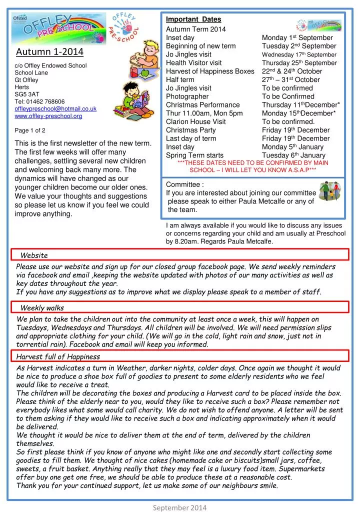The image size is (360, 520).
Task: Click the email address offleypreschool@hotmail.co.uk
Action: [x=55, y=108]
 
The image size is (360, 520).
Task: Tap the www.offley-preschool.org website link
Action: [x=48, y=116]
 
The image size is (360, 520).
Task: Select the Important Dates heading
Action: [x=193, y=19]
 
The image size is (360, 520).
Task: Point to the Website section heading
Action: [x=34, y=255]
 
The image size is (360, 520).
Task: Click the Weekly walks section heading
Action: [x=42, y=307]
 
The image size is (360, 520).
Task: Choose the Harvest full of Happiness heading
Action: [x=58, y=356]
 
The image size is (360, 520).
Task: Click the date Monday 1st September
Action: [x=297, y=37]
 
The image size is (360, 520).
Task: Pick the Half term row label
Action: [x=180, y=79]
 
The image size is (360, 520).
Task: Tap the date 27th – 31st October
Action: [x=290, y=79]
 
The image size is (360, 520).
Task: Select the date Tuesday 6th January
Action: [x=293, y=155]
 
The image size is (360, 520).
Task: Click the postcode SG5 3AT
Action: [x=27, y=94]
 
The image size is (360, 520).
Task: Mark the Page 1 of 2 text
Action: [x=30, y=130]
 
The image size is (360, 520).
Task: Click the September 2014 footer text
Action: [x=179, y=507]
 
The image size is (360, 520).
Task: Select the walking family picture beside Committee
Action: [x=329, y=192]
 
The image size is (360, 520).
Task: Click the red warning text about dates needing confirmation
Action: [x=252, y=166]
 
